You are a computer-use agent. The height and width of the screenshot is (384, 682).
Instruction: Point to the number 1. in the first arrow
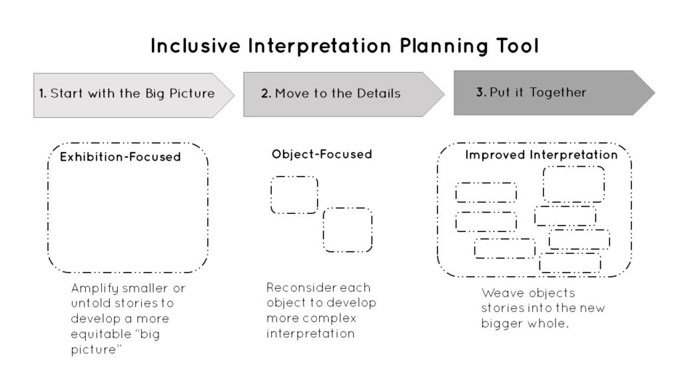(x=43, y=94)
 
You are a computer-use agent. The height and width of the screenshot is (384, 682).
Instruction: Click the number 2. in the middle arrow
(x=266, y=94)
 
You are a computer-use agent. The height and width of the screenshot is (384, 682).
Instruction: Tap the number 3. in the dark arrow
(x=481, y=93)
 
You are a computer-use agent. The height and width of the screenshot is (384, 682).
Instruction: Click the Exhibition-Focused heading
(x=121, y=157)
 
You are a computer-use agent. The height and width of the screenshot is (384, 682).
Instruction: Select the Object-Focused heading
(x=322, y=155)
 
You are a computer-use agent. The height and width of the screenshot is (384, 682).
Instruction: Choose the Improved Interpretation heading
(x=541, y=155)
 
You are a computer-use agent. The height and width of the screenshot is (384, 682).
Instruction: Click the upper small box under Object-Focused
(x=294, y=195)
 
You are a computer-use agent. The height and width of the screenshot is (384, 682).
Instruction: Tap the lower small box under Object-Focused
(x=348, y=230)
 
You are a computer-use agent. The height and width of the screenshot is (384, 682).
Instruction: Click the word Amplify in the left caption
(x=93, y=289)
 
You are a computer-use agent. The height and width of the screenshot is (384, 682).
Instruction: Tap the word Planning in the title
(x=425, y=46)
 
